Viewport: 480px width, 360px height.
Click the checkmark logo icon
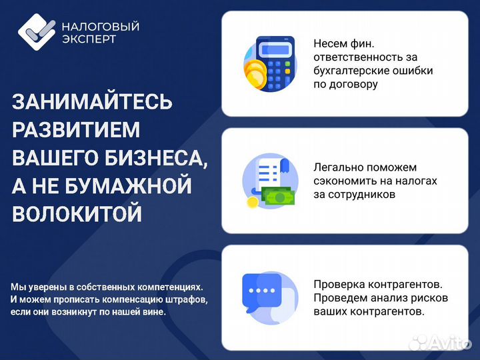37,31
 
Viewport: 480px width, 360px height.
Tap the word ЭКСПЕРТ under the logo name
89,39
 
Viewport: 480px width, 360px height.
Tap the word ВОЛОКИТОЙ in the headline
77,214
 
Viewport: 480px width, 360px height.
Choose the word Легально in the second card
338,167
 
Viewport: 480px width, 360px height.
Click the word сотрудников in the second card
363,195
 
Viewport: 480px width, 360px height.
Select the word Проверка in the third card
337,283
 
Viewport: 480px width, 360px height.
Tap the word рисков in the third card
431,297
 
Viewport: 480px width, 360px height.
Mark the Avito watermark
440,342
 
